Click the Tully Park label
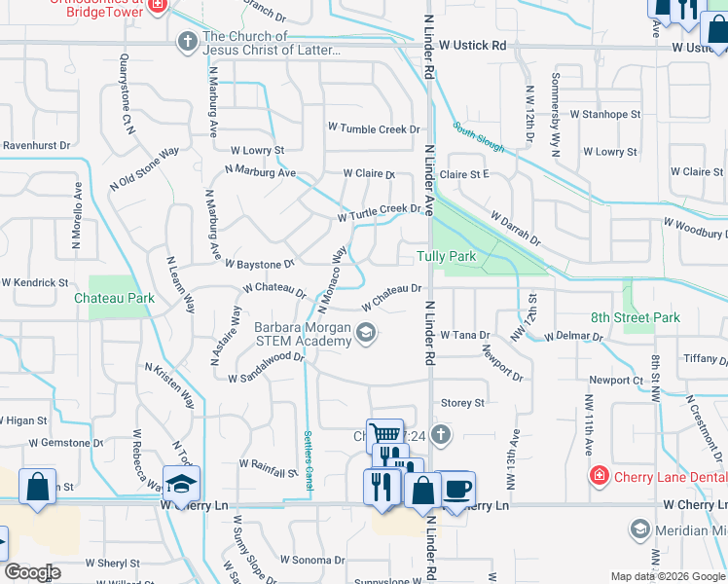coord(446,257)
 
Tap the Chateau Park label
coord(114,299)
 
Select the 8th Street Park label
coord(636,317)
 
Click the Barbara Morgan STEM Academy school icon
coord(366,335)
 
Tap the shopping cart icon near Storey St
coord(386,435)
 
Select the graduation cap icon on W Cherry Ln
coord(181,484)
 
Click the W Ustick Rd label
coord(473,46)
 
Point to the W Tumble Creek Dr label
coord(373,128)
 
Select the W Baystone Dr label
coord(259,264)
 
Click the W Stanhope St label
coord(605,114)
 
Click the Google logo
coord(31,572)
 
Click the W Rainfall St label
coord(265,474)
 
